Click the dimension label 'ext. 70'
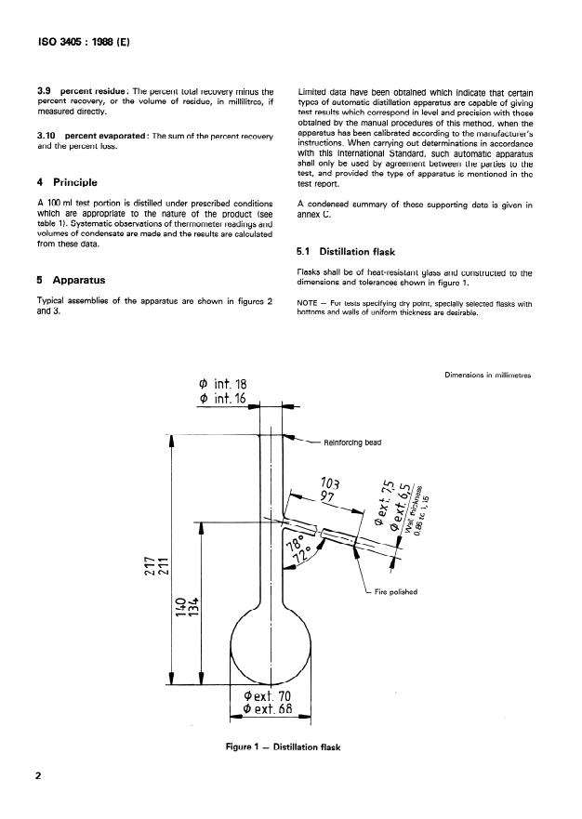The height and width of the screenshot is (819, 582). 271,694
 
